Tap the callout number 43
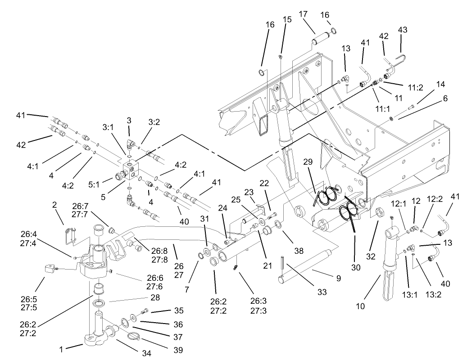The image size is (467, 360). click(402, 29)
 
